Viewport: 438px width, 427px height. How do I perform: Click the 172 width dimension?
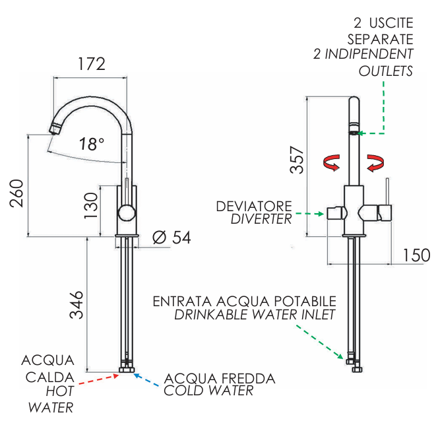click(x=90, y=65)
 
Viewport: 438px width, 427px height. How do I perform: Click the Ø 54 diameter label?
click(x=172, y=238)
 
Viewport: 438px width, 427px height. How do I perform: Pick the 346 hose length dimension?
click(x=78, y=304)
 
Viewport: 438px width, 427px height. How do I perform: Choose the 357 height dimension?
click(x=299, y=160)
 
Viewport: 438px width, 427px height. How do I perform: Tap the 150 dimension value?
click(x=416, y=255)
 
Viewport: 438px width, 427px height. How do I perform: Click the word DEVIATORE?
click(x=254, y=207)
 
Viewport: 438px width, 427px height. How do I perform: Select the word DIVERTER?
click(x=261, y=220)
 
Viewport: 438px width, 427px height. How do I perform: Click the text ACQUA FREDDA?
click(x=220, y=379)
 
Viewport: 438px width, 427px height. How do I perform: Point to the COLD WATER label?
click(x=208, y=391)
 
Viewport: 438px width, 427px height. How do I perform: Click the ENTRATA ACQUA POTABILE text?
click(x=245, y=301)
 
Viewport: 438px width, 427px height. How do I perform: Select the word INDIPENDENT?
click(x=369, y=54)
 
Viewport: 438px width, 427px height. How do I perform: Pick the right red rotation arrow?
click(x=376, y=162)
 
